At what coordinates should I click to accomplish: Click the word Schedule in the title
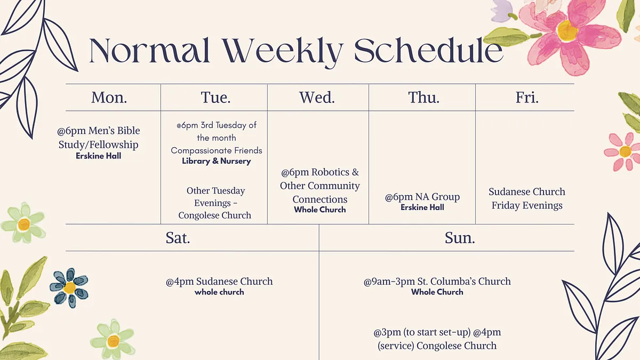pos(429,51)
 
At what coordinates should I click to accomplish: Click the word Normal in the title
pos(150,51)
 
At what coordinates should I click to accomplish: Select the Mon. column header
pos(109,98)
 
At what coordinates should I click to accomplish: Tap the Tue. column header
pos(215,98)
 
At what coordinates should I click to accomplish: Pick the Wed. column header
pos(317,98)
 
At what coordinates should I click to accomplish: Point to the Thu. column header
pos(423,98)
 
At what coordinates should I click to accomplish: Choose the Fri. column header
pos(527,98)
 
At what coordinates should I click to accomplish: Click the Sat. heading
pos(178,238)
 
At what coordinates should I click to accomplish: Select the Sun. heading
pos(460,238)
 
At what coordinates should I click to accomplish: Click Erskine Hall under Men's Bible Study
pos(98,156)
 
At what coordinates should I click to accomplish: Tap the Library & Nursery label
pos(217,161)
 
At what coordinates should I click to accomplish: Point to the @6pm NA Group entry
pos(422,197)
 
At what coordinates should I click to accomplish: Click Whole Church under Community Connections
pos(319,210)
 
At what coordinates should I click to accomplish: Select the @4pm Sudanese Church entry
pos(219,282)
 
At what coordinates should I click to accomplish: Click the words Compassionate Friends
pos(217,150)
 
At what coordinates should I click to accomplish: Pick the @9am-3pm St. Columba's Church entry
pos(437,282)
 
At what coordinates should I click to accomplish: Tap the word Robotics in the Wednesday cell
pos(330,172)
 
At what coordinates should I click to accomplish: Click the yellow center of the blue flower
pos(69,287)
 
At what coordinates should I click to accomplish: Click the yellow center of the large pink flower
pos(567,30)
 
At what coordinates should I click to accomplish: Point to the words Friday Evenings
pos(527,206)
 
